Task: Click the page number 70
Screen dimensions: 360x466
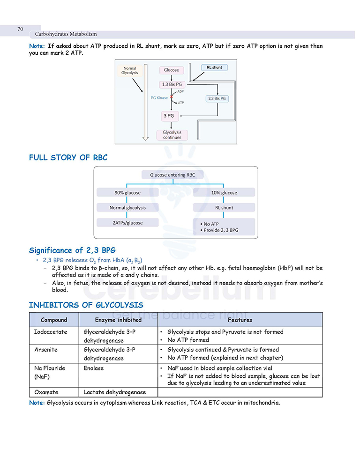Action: coord(20,29)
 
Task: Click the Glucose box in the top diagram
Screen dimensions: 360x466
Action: coord(172,70)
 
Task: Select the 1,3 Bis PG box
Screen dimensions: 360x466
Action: coord(172,84)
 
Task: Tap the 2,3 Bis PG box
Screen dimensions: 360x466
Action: coord(217,98)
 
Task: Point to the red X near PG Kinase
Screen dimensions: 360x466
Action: coord(172,97)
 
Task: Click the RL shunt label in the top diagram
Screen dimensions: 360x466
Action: coord(214,68)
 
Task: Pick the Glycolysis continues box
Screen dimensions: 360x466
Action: coord(172,135)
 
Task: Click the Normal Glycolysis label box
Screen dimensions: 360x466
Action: coord(130,70)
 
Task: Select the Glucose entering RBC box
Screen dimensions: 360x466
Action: coord(172,175)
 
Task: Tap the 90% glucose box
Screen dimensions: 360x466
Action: coord(127,193)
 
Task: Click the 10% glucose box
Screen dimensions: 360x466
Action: coord(224,193)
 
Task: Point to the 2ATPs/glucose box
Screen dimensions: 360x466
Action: coord(127,223)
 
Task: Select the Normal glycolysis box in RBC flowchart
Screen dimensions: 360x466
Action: coord(127,207)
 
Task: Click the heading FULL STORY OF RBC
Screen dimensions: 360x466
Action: coord(68,158)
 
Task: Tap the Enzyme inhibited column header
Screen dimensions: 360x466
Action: coord(118,320)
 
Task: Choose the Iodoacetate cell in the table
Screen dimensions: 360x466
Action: coord(51,332)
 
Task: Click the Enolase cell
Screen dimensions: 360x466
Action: coord(94,368)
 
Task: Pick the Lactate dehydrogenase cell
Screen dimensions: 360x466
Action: coord(114,392)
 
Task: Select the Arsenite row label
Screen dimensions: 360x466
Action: coord(46,350)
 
